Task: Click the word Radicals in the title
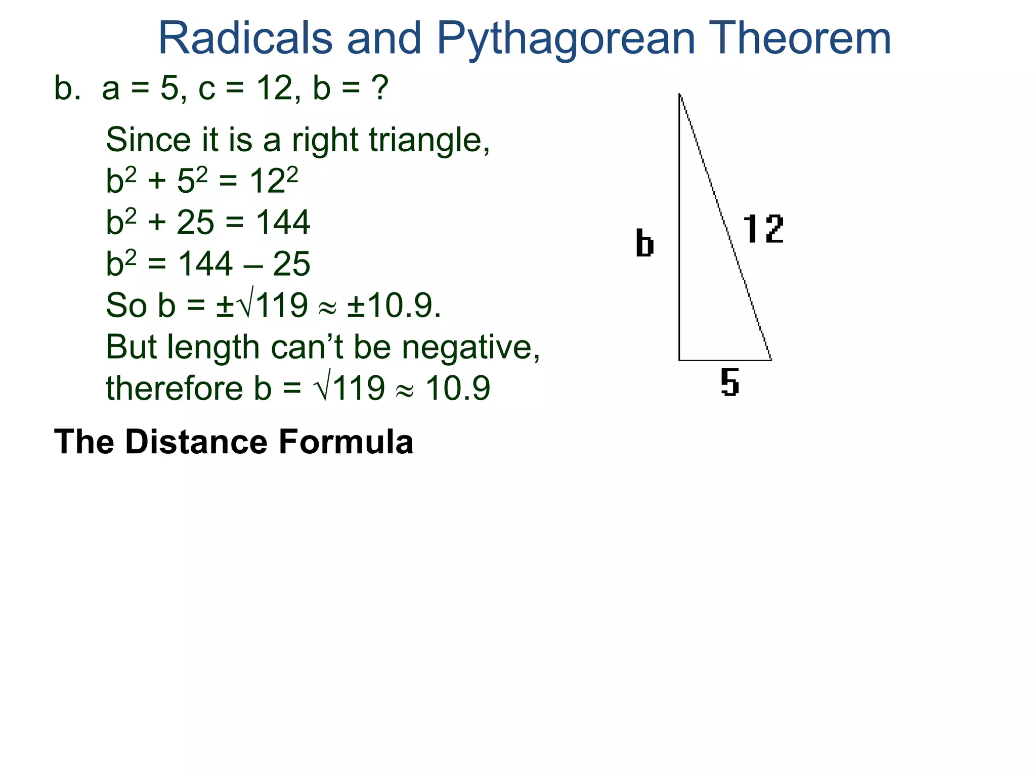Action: click(245, 38)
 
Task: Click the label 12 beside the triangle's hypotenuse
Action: click(763, 229)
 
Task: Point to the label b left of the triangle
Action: click(644, 243)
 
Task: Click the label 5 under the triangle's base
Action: click(730, 382)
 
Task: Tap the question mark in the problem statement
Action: click(379, 88)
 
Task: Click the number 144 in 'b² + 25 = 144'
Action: click(283, 223)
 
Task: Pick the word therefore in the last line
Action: click(174, 388)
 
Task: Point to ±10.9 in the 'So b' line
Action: click(394, 306)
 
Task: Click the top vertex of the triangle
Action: click(679, 94)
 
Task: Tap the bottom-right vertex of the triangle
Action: click(771, 360)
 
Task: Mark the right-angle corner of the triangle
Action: click(679, 360)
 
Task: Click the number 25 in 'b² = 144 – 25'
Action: click(291, 264)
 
